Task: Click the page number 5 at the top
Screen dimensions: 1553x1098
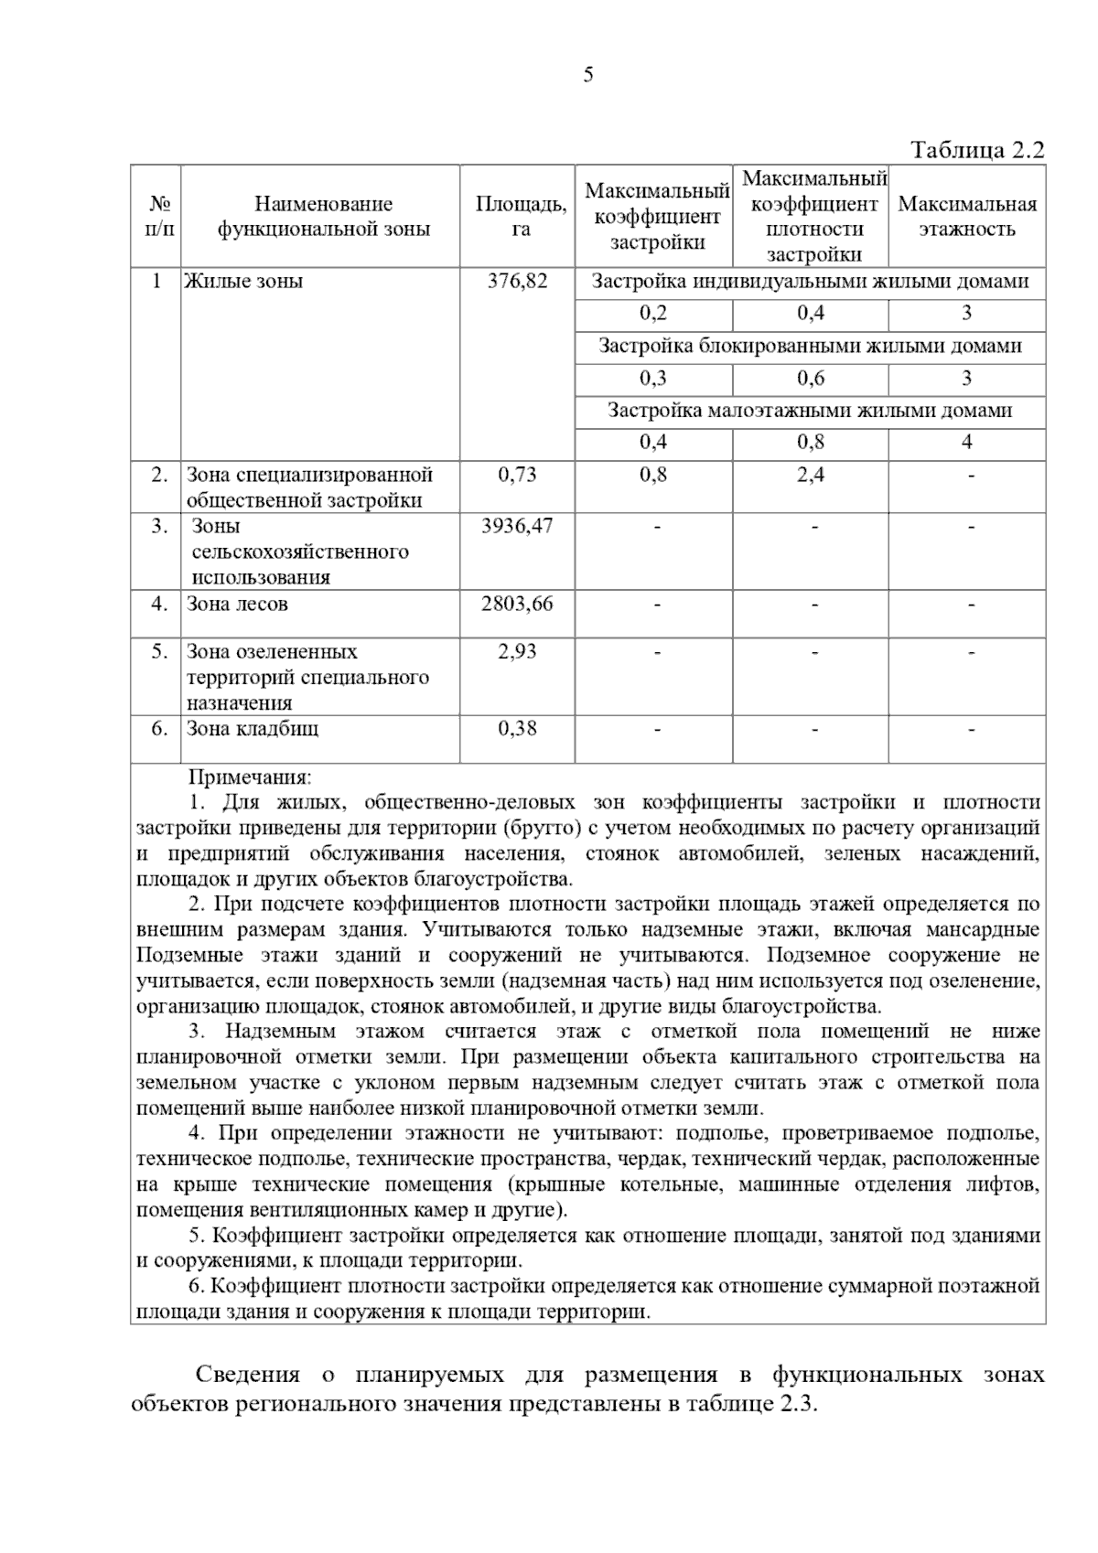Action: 587,75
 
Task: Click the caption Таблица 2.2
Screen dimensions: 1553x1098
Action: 976,150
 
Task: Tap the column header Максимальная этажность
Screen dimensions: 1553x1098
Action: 967,217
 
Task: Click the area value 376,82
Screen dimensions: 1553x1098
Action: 518,282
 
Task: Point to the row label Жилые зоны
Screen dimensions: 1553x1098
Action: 244,282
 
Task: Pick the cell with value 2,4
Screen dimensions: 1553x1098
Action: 810,475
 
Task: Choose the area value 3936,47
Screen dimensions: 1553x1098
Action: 517,526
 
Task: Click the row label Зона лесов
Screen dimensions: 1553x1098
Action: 237,604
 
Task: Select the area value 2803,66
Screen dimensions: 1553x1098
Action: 517,604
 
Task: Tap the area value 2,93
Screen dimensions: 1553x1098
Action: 517,652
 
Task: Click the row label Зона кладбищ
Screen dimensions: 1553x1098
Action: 253,729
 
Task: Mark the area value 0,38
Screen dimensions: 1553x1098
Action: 517,729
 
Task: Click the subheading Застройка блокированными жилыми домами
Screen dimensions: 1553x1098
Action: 810,347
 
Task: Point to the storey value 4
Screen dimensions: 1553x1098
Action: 967,443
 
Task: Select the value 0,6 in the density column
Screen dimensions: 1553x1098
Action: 810,379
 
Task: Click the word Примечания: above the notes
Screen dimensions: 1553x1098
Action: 250,777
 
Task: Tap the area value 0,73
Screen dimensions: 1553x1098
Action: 517,475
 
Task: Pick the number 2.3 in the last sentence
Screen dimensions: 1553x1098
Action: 797,1404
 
